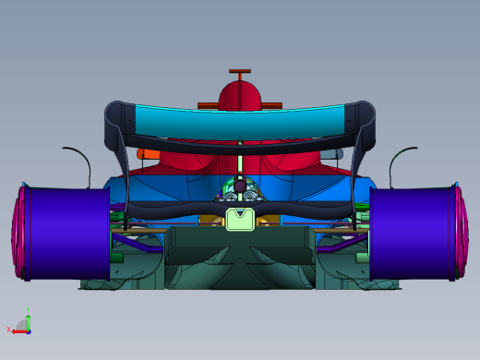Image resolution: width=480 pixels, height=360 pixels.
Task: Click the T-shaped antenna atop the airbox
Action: (240, 71)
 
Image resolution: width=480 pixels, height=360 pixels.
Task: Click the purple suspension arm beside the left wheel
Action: (138, 245)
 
